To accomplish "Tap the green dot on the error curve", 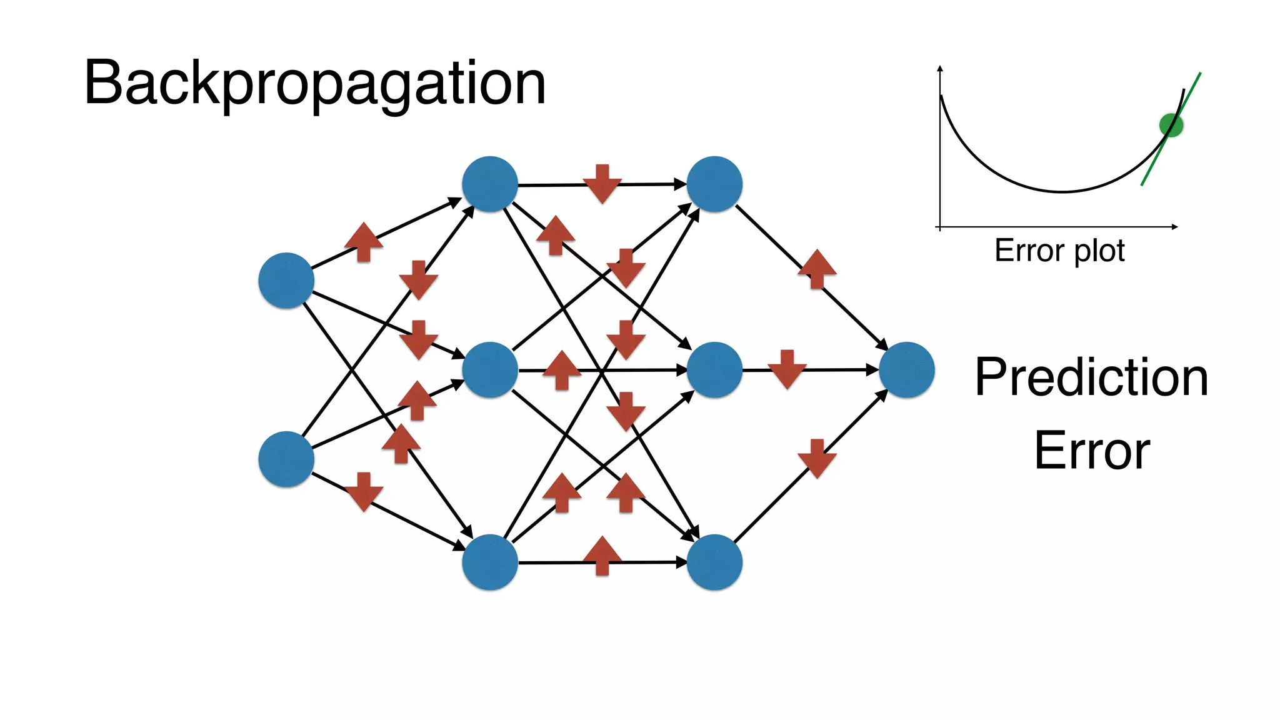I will (1171, 125).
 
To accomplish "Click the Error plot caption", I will (1059, 251).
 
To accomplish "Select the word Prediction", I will (1091, 377).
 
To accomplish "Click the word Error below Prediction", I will (1092, 450).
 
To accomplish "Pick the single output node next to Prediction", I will (906, 370).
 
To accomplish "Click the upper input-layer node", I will (286, 281).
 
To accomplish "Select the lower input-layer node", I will (286, 459).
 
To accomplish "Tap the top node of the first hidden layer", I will (490, 184).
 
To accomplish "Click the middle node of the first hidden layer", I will (490, 370).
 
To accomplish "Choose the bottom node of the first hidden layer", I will (490, 562).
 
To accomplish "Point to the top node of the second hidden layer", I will (714, 184).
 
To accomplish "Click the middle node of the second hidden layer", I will (714, 370).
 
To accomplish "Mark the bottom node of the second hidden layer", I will (714, 562).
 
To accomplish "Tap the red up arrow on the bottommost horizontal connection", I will (602, 556).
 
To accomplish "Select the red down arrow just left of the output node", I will (787, 369).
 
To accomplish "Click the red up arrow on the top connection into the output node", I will (817, 269).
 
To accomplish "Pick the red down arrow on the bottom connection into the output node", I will (817, 459).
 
